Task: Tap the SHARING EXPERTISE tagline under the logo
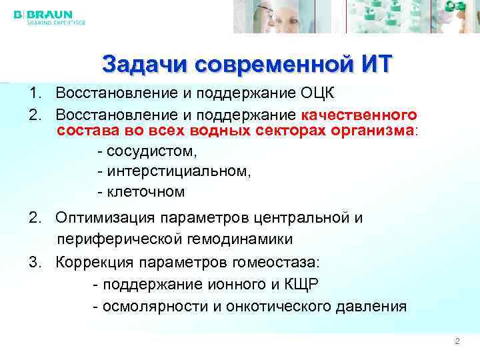[56, 22]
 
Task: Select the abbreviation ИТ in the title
[376, 65]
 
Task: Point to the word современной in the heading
[267, 65]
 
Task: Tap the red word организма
[373, 129]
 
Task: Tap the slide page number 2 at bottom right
[457, 341]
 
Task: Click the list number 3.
[33, 261]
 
